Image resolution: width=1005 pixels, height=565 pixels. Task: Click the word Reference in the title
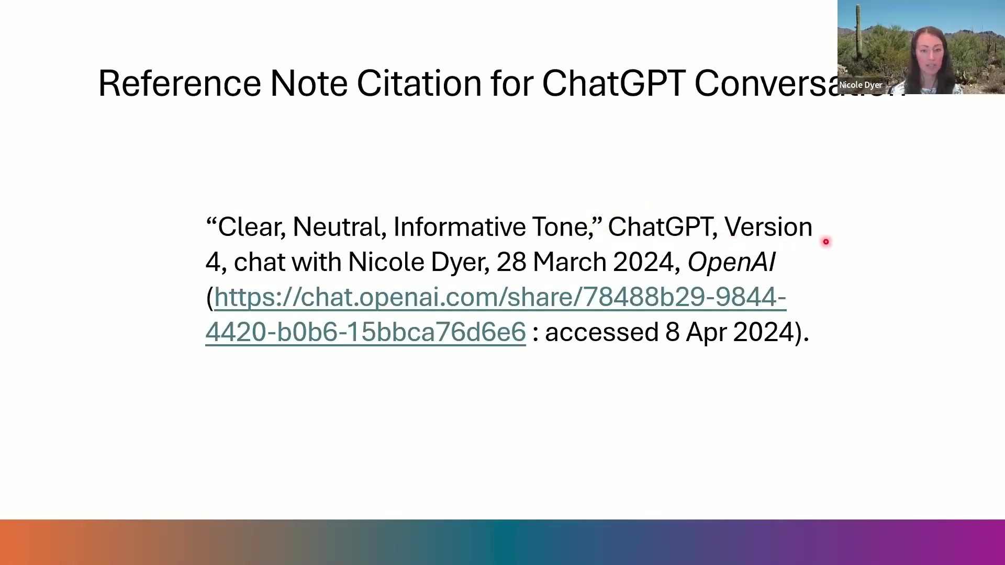click(x=180, y=84)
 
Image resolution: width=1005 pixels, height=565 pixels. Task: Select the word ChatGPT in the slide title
click(x=613, y=84)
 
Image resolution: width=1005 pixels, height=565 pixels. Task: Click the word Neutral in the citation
click(x=339, y=228)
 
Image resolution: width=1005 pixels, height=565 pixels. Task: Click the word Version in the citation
click(x=768, y=227)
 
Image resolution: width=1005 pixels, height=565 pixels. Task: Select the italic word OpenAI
click(x=731, y=263)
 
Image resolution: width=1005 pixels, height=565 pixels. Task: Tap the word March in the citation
click(x=569, y=262)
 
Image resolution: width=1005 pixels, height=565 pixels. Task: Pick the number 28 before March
click(x=511, y=262)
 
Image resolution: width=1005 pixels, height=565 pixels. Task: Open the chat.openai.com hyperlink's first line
click(x=500, y=298)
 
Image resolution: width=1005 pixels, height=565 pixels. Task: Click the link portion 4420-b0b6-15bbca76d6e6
click(x=365, y=332)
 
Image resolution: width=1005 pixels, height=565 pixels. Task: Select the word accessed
click(x=601, y=333)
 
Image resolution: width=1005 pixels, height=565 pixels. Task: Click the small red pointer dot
click(x=826, y=242)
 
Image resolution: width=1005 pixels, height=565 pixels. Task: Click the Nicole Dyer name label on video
click(x=861, y=85)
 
